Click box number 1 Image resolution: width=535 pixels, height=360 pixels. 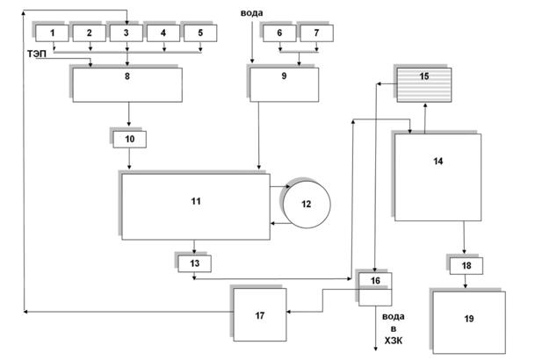(53, 33)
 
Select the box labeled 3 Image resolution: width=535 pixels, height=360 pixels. (127, 33)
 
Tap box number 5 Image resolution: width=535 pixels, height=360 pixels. (201, 33)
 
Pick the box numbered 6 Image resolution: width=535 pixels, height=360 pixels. (280, 33)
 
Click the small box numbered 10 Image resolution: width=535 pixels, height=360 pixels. (130, 140)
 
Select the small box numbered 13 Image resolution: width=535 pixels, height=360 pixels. (194, 263)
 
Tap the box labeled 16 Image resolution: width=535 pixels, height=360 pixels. (375, 281)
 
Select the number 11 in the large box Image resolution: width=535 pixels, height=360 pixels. (195, 202)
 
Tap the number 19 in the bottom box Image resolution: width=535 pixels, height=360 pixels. (467, 319)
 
